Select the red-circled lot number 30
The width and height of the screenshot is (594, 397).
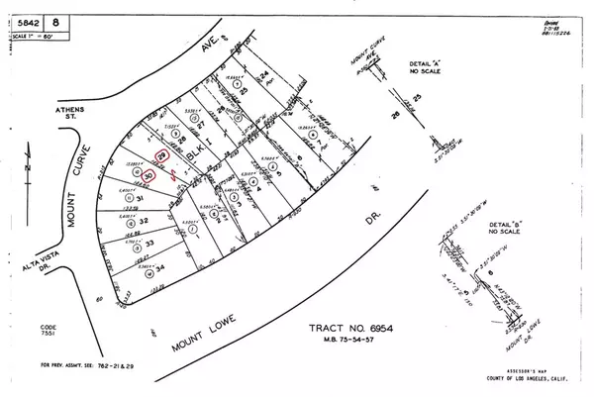(148, 176)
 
